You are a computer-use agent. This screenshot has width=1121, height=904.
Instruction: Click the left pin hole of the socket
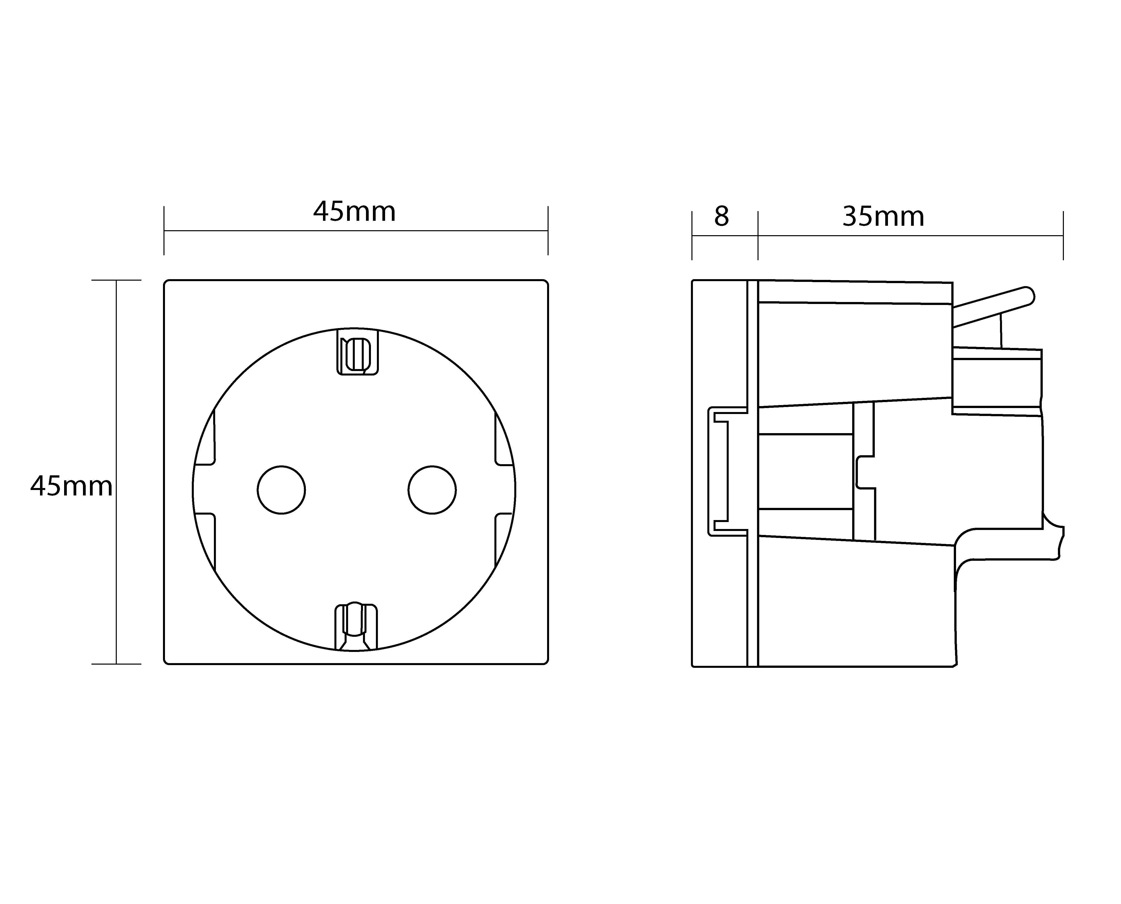point(281,490)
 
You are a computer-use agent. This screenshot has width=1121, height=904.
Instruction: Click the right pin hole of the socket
point(432,490)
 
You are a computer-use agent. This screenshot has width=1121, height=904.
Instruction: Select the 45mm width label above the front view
point(354,212)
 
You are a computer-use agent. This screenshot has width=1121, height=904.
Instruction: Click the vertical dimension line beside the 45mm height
point(116,416)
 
